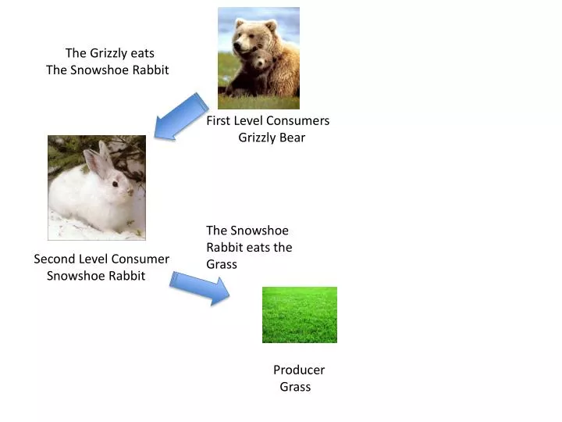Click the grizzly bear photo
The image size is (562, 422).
pyautogui.click(x=258, y=58)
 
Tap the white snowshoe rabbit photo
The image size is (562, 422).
pyautogui.click(x=96, y=188)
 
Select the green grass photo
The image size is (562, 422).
pyautogui.click(x=299, y=315)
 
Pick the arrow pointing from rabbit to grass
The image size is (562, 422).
pyautogui.click(x=199, y=288)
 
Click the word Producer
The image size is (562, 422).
pyautogui.click(x=299, y=370)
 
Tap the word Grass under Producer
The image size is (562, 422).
pyautogui.click(x=295, y=387)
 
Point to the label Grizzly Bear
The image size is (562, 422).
pyautogui.click(x=272, y=138)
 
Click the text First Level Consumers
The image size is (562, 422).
pyautogui.click(x=268, y=120)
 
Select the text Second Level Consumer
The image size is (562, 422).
pyautogui.click(x=101, y=259)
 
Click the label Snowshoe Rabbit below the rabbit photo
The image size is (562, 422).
pyautogui.click(x=96, y=276)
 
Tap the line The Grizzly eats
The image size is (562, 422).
pyautogui.click(x=109, y=53)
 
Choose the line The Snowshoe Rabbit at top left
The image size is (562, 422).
pyautogui.click(x=108, y=70)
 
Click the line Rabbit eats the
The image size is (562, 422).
pyautogui.click(x=249, y=247)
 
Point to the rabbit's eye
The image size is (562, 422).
pyautogui.click(x=114, y=184)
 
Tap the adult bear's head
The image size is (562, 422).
pyautogui.click(x=248, y=36)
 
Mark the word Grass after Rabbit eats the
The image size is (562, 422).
pyautogui.click(x=221, y=264)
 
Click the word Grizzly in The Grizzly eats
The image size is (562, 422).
pyautogui.click(x=108, y=53)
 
